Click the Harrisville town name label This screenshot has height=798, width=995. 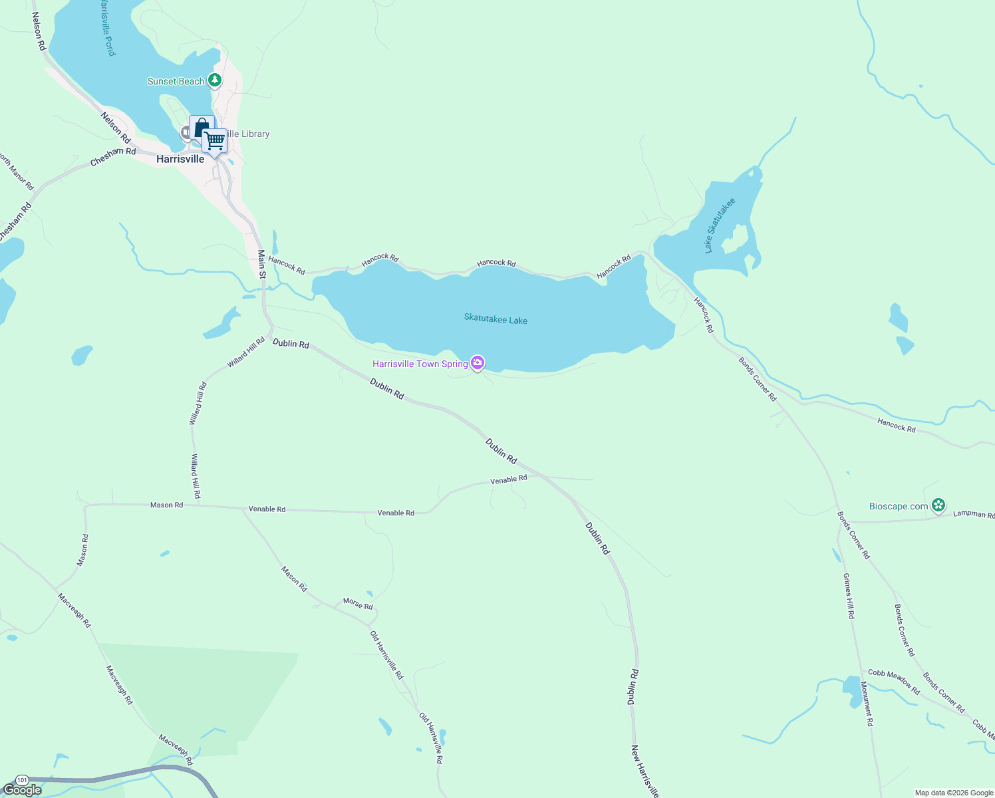point(180,160)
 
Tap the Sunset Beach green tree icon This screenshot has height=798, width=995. point(214,80)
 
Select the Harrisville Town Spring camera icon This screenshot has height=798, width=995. point(477,363)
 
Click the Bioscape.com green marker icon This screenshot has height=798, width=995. point(938,505)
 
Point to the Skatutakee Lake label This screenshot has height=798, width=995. point(496,320)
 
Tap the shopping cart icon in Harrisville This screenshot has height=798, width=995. point(214,141)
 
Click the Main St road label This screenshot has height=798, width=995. point(262,264)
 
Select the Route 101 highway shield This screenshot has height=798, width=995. point(23,779)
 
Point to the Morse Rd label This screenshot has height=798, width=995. point(358,604)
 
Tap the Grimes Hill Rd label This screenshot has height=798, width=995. point(848,596)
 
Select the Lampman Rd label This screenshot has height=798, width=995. point(974,514)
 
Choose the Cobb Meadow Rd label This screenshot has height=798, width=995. point(894,682)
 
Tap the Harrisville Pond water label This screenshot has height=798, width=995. point(108,28)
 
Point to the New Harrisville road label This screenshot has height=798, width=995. point(644,771)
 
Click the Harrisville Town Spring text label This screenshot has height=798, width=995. point(420,364)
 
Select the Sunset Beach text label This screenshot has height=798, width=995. point(176,81)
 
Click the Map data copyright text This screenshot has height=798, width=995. point(954,793)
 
